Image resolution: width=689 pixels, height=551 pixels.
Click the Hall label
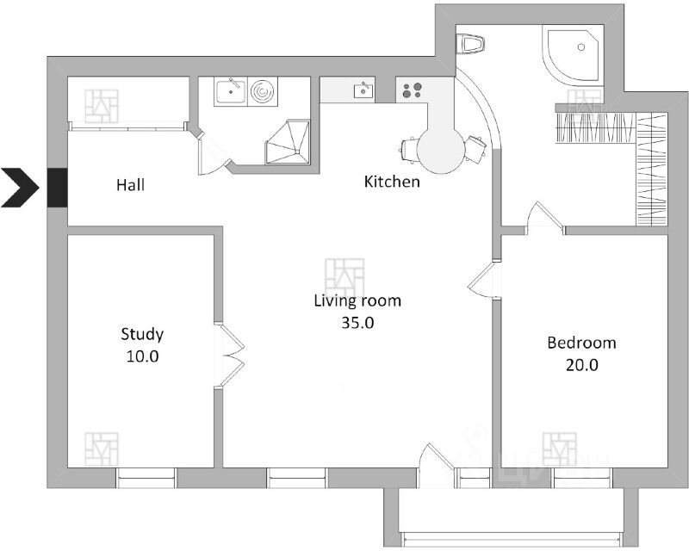tap(131, 185)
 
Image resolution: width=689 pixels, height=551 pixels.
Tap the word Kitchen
tap(392, 182)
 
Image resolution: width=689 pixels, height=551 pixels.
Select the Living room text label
tap(357, 301)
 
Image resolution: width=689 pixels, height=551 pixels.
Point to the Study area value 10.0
tap(142, 356)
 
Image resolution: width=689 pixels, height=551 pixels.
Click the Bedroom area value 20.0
tap(582, 365)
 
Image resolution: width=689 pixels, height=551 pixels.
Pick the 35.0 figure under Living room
tap(357, 323)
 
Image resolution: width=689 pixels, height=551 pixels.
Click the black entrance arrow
tap(20, 188)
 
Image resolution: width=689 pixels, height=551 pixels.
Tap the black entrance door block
tap(57, 188)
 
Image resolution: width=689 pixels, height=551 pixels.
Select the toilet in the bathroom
tap(469, 44)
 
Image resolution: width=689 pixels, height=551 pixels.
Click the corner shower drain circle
tap(581, 46)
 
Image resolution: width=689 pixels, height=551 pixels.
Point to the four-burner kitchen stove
tap(412, 90)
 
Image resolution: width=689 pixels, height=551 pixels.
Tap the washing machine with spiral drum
tap(263, 92)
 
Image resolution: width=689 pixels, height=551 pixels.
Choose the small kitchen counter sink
tap(363, 90)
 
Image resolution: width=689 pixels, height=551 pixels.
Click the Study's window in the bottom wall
tap(146, 478)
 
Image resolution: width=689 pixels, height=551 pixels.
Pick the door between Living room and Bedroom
tap(484, 282)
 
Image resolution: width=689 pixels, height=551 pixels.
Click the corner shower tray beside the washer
tap(288, 142)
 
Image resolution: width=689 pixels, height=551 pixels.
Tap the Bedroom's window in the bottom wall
tap(582, 478)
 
